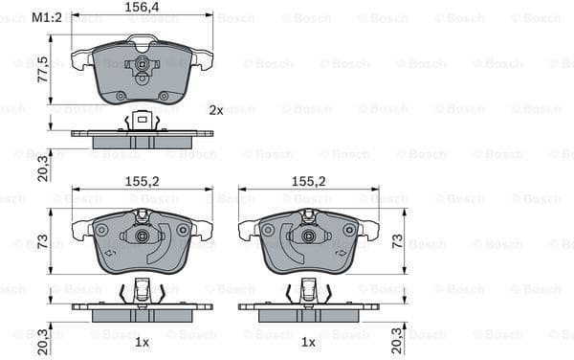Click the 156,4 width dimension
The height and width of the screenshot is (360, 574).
coord(143,7)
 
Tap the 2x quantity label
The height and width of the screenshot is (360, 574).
coord(216,110)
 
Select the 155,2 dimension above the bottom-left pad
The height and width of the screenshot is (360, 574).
coord(141,179)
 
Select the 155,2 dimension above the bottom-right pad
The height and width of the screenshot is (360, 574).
coord(309,179)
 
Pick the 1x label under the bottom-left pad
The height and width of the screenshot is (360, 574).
coord(141,341)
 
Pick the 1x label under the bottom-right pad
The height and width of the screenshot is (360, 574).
coord(309,341)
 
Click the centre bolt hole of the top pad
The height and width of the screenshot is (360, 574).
coord(142,65)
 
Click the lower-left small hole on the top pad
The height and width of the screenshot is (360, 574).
coord(121,96)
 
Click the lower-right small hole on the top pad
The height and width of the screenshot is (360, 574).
coord(163,96)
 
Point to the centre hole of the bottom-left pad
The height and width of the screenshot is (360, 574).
coord(142,236)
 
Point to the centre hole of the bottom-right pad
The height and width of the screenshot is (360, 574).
coord(308,236)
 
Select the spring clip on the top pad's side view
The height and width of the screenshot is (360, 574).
coord(142,121)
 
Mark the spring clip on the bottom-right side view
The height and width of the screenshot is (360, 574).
coord(308,290)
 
